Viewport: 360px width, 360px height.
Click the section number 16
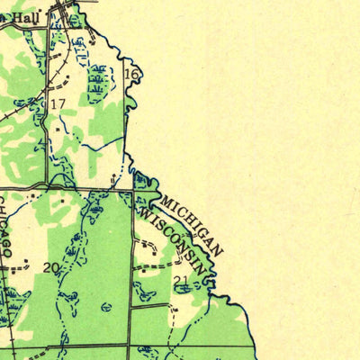pyautogui.click(x=131, y=74)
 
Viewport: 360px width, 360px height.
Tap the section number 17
pyautogui.click(x=58, y=104)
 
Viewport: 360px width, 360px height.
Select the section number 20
pyautogui.click(x=50, y=268)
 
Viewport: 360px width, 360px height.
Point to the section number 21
pyautogui.click(x=181, y=281)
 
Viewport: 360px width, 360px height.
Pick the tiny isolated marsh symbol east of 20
pyautogui.click(x=106, y=307)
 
